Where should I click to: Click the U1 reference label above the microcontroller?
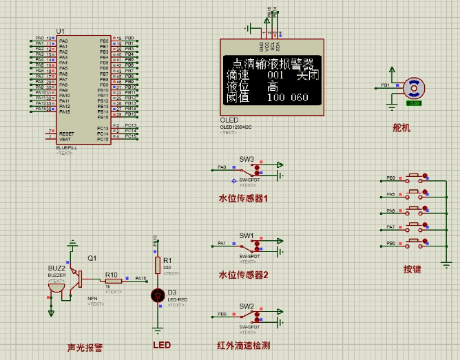pos(61,32)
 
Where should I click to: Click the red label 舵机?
pos(401,127)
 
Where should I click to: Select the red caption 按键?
pos(412,269)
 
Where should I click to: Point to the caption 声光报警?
pos(85,348)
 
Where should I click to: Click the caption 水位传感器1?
pos(243,198)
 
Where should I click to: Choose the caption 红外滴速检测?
pos(244,346)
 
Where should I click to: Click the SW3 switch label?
pos(247,158)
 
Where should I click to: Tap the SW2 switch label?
pos(247,306)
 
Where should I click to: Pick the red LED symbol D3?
pos(158,295)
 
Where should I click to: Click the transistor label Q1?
pos(91,258)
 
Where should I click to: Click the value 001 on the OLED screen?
pos(275,75)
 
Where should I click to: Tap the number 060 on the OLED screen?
pos(300,98)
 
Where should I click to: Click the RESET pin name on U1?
pos(67,134)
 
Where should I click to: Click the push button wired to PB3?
pos(415,178)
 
